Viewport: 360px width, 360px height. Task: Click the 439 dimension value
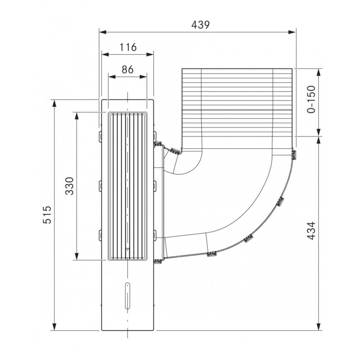click(x=201, y=25)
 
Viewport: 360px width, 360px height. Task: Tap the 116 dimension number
click(x=128, y=47)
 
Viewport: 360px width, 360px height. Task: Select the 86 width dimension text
click(x=127, y=69)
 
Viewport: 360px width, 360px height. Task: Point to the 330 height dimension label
click(x=69, y=186)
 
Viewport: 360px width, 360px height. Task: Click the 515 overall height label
click(x=47, y=215)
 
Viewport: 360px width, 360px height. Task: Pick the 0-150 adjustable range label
click(x=311, y=99)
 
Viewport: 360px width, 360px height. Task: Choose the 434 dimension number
click(x=311, y=230)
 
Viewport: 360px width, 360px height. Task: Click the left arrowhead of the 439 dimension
click(x=102, y=32)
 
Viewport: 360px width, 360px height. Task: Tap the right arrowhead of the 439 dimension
click(x=292, y=32)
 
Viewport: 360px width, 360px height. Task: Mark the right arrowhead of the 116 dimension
click(x=150, y=54)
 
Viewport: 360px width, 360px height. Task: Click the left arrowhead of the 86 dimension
click(x=112, y=77)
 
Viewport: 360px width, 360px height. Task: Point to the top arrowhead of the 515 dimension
click(x=54, y=103)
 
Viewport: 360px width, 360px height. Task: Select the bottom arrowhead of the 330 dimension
click(x=77, y=256)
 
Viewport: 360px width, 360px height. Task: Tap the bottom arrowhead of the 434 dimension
click(x=319, y=327)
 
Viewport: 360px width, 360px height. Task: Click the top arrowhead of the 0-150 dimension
click(x=319, y=72)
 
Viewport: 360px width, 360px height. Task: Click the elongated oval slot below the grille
click(x=127, y=296)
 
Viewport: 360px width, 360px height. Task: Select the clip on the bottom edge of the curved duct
click(x=211, y=254)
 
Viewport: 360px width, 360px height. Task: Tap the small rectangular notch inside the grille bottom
click(x=127, y=249)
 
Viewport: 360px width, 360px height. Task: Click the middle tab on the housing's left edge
click(x=100, y=185)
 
